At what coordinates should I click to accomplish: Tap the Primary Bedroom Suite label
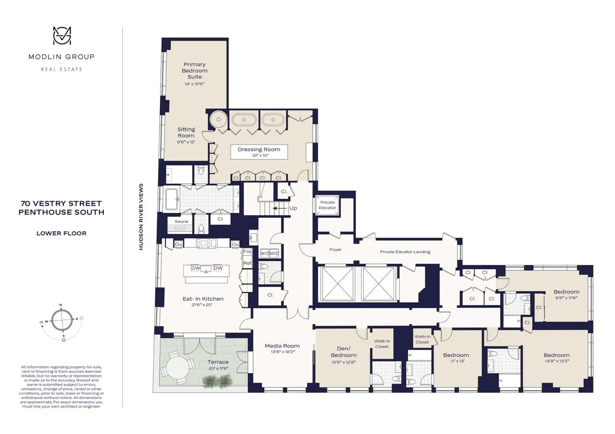(195, 70)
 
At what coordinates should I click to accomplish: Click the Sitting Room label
(186, 132)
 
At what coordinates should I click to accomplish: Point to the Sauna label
(181, 222)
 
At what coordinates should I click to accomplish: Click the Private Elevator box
(328, 205)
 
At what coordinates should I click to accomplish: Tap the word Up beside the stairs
(293, 209)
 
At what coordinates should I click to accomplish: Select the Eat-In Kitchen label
(203, 299)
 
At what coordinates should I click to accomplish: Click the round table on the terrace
(177, 367)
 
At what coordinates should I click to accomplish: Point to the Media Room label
(283, 346)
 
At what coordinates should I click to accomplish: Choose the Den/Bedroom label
(343, 352)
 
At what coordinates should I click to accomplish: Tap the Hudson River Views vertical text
(141, 217)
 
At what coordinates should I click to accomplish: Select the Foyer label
(335, 249)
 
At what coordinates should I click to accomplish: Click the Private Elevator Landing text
(405, 252)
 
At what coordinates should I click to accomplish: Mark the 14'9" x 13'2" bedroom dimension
(556, 362)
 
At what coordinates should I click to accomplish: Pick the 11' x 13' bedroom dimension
(456, 362)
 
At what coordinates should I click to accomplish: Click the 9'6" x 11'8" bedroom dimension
(566, 298)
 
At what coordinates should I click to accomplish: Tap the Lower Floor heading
(61, 234)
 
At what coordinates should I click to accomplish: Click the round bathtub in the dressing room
(219, 119)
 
